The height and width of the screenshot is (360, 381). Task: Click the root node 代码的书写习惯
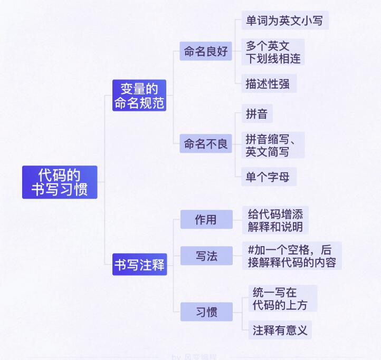click(60, 182)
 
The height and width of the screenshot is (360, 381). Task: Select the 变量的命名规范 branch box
click(139, 95)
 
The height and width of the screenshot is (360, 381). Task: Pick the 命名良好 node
click(206, 51)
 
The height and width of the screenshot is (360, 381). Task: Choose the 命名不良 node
click(206, 143)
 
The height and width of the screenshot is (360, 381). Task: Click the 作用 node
click(206, 219)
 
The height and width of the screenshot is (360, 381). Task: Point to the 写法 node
click(206, 256)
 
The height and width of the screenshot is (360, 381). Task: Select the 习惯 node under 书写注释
click(206, 312)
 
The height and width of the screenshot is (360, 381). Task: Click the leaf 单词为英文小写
click(284, 21)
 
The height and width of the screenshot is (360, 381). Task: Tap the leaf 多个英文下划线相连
click(273, 52)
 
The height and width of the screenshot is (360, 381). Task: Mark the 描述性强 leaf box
click(269, 83)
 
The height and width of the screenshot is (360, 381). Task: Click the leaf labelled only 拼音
click(257, 114)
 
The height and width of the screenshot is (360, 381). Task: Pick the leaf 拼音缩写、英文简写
click(273, 145)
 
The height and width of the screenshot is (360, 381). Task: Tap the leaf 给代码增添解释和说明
click(275, 220)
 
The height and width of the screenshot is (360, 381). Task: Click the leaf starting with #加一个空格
click(291, 256)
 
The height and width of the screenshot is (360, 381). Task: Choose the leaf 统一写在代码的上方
click(283, 299)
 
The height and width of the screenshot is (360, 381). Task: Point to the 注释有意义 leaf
click(280, 330)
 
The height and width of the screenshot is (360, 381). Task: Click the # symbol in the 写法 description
click(251, 249)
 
